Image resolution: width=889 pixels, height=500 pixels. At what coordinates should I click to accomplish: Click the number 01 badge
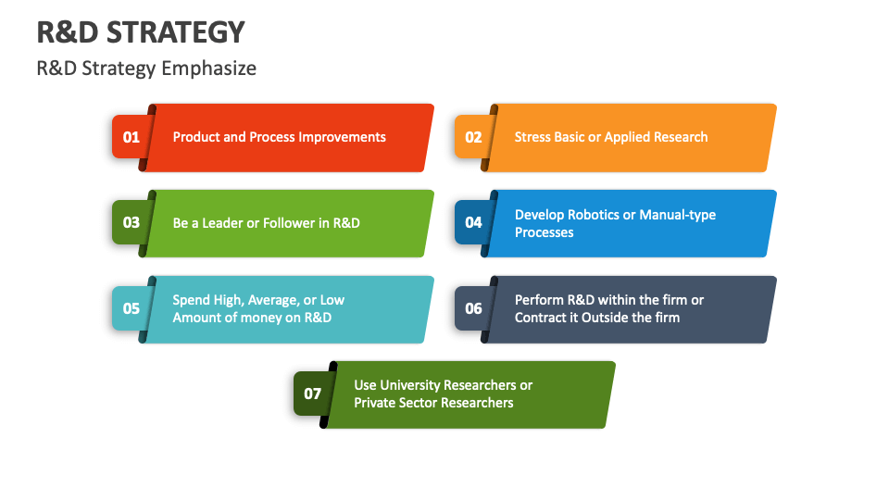tap(131, 137)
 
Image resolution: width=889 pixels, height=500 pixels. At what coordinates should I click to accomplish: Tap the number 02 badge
tap(473, 137)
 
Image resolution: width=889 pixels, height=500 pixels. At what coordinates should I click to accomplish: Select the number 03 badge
tap(131, 222)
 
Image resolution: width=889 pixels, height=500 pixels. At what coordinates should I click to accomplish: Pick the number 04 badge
tap(473, 222)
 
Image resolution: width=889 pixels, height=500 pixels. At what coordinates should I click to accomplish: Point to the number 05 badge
tap(131, 308)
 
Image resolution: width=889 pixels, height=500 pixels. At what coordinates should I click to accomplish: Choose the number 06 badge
tap(473, 308)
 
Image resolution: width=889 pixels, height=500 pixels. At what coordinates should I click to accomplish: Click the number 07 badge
tap(312, 394)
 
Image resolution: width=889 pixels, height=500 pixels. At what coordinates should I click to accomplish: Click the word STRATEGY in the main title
tap(176, 32)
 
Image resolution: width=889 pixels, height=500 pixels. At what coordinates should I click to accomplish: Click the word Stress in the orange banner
tap(532, 137)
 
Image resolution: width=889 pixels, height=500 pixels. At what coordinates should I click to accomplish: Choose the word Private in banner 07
tap(376, 403)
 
